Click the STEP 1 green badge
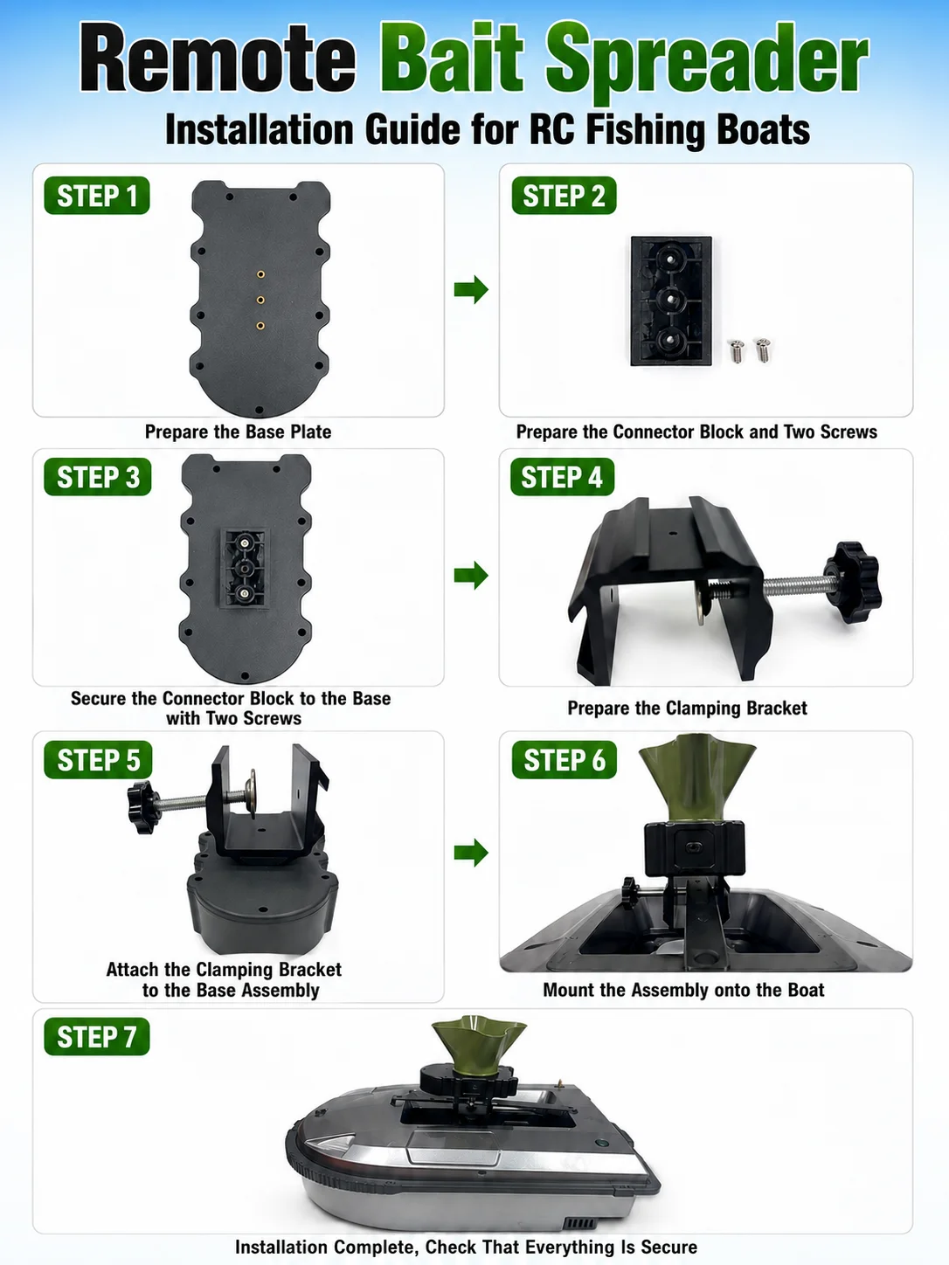tap(97, 196)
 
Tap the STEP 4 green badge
tap(562, 477)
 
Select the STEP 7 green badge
tap(97, 1037)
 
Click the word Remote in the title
tap(218, 57)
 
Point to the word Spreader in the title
tap(707, 62)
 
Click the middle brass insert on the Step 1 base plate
tap(260, 300)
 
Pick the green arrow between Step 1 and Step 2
tap(471, 289)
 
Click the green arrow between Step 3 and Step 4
tap(471, 575)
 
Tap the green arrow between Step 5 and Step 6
tap(471, 853)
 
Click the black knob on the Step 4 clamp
tap(852, 582)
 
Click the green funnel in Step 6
tap(696, 776)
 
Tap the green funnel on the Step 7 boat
tap(479, 1045)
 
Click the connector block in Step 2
tap(671, 301)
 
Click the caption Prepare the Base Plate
tap(238, 432)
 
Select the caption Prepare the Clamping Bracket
tap(688, 708)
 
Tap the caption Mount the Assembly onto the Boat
tap(683, 990)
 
